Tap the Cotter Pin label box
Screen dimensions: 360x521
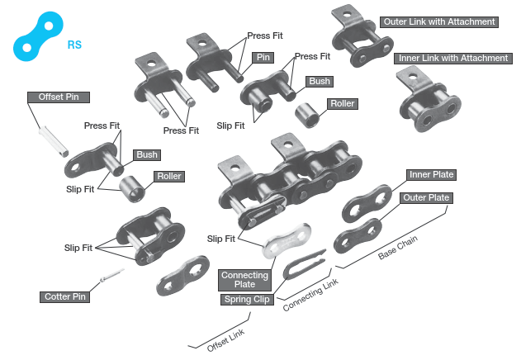(64, 296)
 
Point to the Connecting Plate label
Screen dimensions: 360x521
(244, 280)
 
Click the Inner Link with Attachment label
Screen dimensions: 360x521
(452, 58)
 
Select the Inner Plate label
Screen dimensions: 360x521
(432, 175)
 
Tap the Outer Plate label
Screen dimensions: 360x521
(425, 198)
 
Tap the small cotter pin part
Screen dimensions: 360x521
(110, 276)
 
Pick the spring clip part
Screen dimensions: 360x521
(307, 258)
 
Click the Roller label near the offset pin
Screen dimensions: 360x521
(168, 176)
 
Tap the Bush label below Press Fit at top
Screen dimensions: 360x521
(319, 82)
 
